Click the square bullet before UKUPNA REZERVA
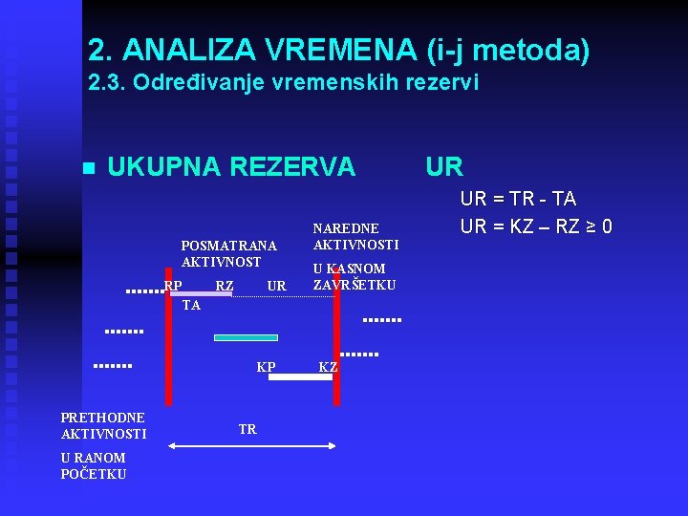point(89,168)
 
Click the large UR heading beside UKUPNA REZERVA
point(444,167)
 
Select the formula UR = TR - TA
point(518,199)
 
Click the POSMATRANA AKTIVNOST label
point(229,254)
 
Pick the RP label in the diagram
point(173,286)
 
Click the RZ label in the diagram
point(225,286)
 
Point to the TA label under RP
point(191,306)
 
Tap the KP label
point(266,367)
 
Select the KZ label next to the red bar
point(328,367)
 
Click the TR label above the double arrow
point(247,430)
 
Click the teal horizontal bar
point(246,337)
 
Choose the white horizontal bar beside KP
point(299,377)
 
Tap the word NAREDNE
point(346,228)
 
